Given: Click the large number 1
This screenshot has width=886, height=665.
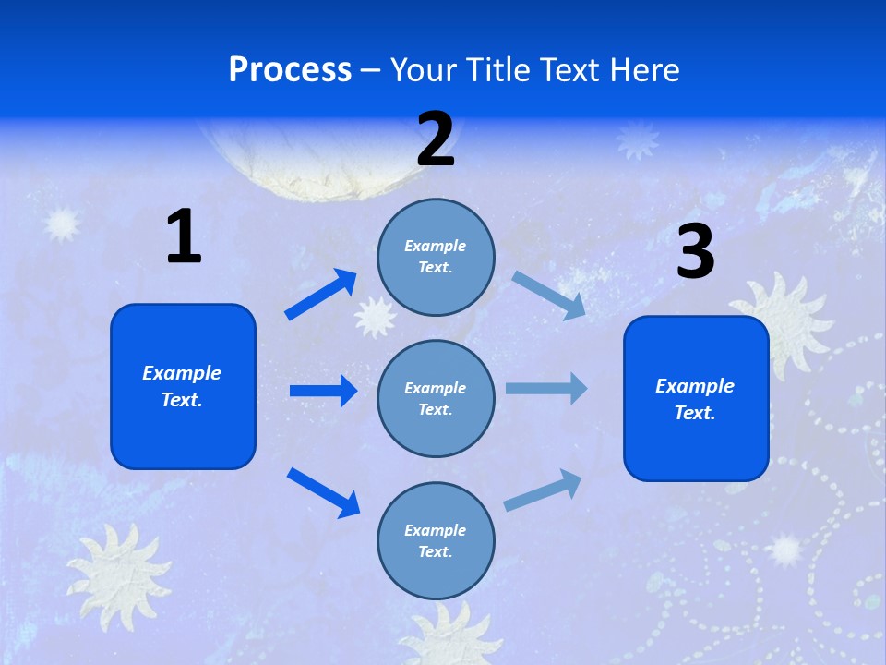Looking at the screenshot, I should (x=184, y=236).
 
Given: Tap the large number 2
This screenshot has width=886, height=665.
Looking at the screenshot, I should (x=436, y=139).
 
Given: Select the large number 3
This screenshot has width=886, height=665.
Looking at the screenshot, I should (x=696, y=251).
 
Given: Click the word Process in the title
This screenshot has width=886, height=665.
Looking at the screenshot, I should (x=290, y=69).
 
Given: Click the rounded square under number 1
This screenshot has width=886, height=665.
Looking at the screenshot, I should (x=183, y=386).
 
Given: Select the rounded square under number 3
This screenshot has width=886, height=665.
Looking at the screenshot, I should (x=696, y=398).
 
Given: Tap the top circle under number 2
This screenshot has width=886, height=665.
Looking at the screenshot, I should (x=436, y=257).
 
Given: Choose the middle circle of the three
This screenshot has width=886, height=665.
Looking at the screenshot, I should (x=436, y=398).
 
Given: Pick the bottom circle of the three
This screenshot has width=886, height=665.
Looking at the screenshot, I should (x=436, y=540).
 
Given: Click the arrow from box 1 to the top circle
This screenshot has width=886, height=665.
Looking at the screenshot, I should (x=321, y=295).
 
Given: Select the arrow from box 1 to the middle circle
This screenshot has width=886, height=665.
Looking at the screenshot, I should (x=323, y=391).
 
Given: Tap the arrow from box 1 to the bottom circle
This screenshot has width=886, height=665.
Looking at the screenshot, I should (x=323, y=492).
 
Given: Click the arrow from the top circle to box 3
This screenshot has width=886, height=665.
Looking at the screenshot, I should (x=549, y=296).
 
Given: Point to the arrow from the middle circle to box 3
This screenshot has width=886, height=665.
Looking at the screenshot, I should (x=546, y=388).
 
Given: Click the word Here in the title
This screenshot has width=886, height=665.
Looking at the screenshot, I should (x=642, y=69).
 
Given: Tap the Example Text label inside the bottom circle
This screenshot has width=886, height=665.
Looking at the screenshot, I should (x=436, y=540).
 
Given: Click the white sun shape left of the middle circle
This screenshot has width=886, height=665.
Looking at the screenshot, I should (x=375, y=316).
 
